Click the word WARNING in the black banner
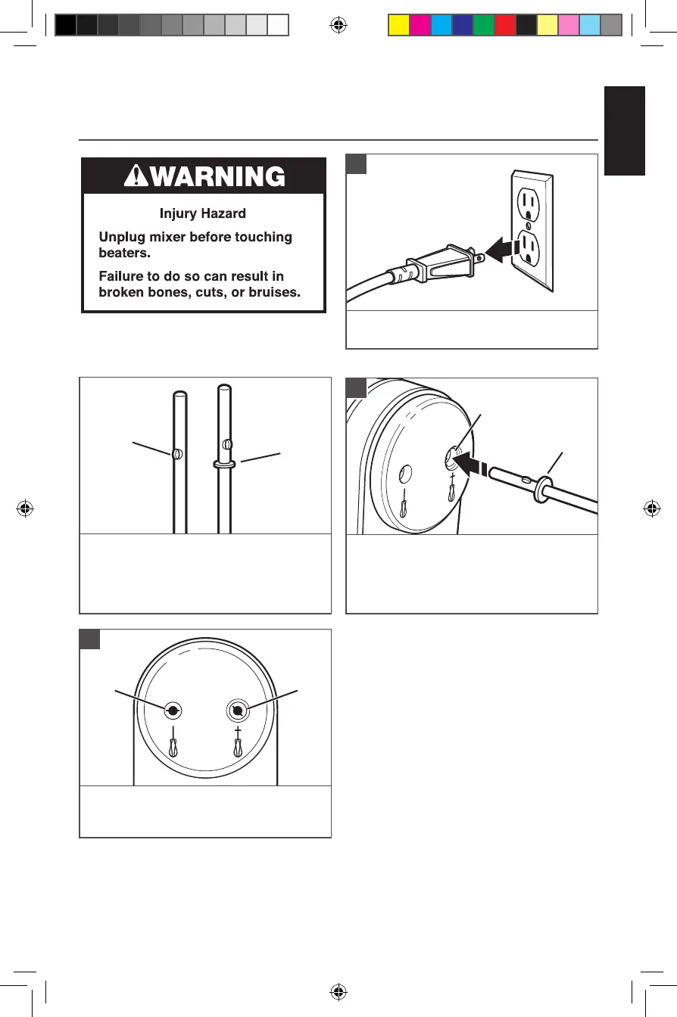217,176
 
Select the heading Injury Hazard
202,214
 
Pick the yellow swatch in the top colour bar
398,26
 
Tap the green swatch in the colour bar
483,26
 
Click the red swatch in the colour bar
504,26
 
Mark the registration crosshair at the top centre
338,25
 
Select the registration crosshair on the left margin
25,508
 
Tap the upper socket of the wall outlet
528,204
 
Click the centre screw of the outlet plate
528,225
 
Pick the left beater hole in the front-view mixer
173,711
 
